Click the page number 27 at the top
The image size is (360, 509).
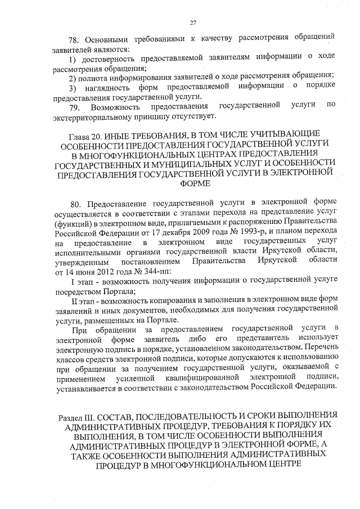(193, 22)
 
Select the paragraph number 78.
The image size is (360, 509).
(74, 40)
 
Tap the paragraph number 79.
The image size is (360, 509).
(74, 106)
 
